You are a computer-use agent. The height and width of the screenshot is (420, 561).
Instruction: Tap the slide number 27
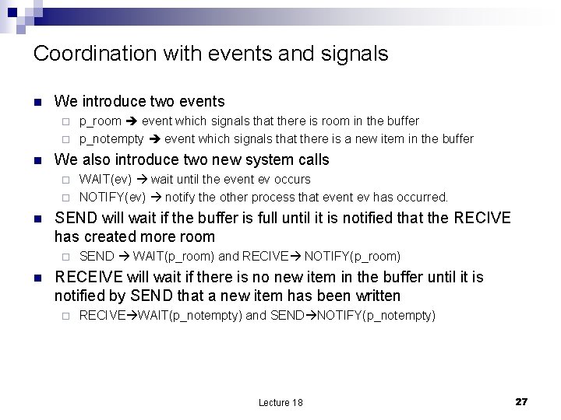click(x=521, y=401)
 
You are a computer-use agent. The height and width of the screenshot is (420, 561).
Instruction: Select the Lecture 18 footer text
click(x=280, y=402)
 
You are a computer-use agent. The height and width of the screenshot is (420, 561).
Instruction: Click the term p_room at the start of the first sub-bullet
click(x=101, y=121)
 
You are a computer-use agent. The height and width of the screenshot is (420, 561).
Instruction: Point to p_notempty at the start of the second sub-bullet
click(x=111, y=138)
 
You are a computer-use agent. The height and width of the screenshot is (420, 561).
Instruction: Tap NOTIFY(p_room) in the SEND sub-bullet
click(x=352, y=256)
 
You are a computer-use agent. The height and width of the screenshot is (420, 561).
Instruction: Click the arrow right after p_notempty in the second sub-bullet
click(x=153, y=138)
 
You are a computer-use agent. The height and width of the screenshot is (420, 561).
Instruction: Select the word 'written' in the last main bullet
click(x=374, y=296)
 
